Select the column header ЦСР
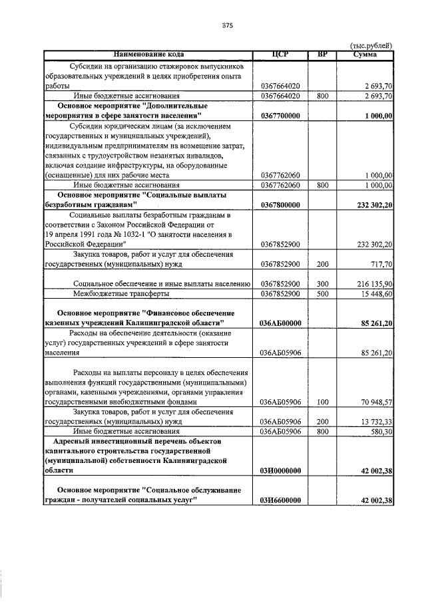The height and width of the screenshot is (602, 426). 280,54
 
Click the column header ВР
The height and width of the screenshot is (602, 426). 323,54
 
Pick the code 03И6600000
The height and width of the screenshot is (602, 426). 280,500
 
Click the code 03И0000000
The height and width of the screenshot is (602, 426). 280,470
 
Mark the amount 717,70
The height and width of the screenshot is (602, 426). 379,264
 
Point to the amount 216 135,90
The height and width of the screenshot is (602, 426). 371,284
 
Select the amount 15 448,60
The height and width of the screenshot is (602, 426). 373,293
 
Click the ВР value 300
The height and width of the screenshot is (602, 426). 323,284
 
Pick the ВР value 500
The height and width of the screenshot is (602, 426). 323,293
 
